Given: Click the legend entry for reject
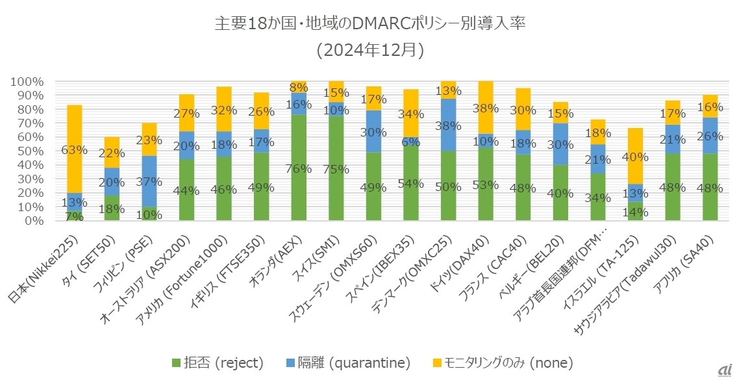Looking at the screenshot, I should coord(217,362).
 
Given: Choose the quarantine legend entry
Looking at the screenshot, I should coord(349,362).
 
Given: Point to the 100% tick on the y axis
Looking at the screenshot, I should coord(27,82).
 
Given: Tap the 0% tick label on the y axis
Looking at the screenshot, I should coord(32,220).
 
